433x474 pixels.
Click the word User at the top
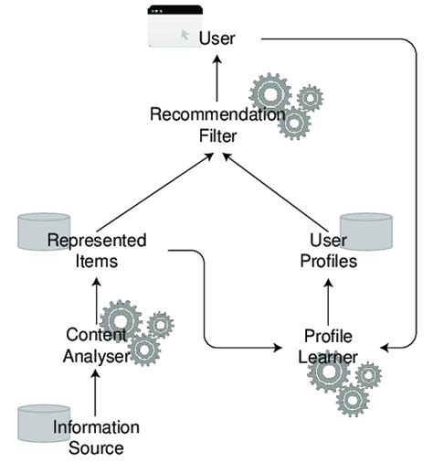(x=216, y=38)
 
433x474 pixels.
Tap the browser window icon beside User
(x=174, y=25)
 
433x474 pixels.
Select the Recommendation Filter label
(x=217, y=125)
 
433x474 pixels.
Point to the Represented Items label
(x=98, y=250)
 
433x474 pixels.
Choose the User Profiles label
(x=326, y=250)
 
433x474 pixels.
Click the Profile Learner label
(x=326, y=345)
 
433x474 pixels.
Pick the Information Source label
(x=96, y=437)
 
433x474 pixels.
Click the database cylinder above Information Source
(x=44, y=420)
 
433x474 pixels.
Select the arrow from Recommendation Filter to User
(x=216, y=78)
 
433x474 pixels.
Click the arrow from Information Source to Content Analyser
(x=96, y=393)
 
